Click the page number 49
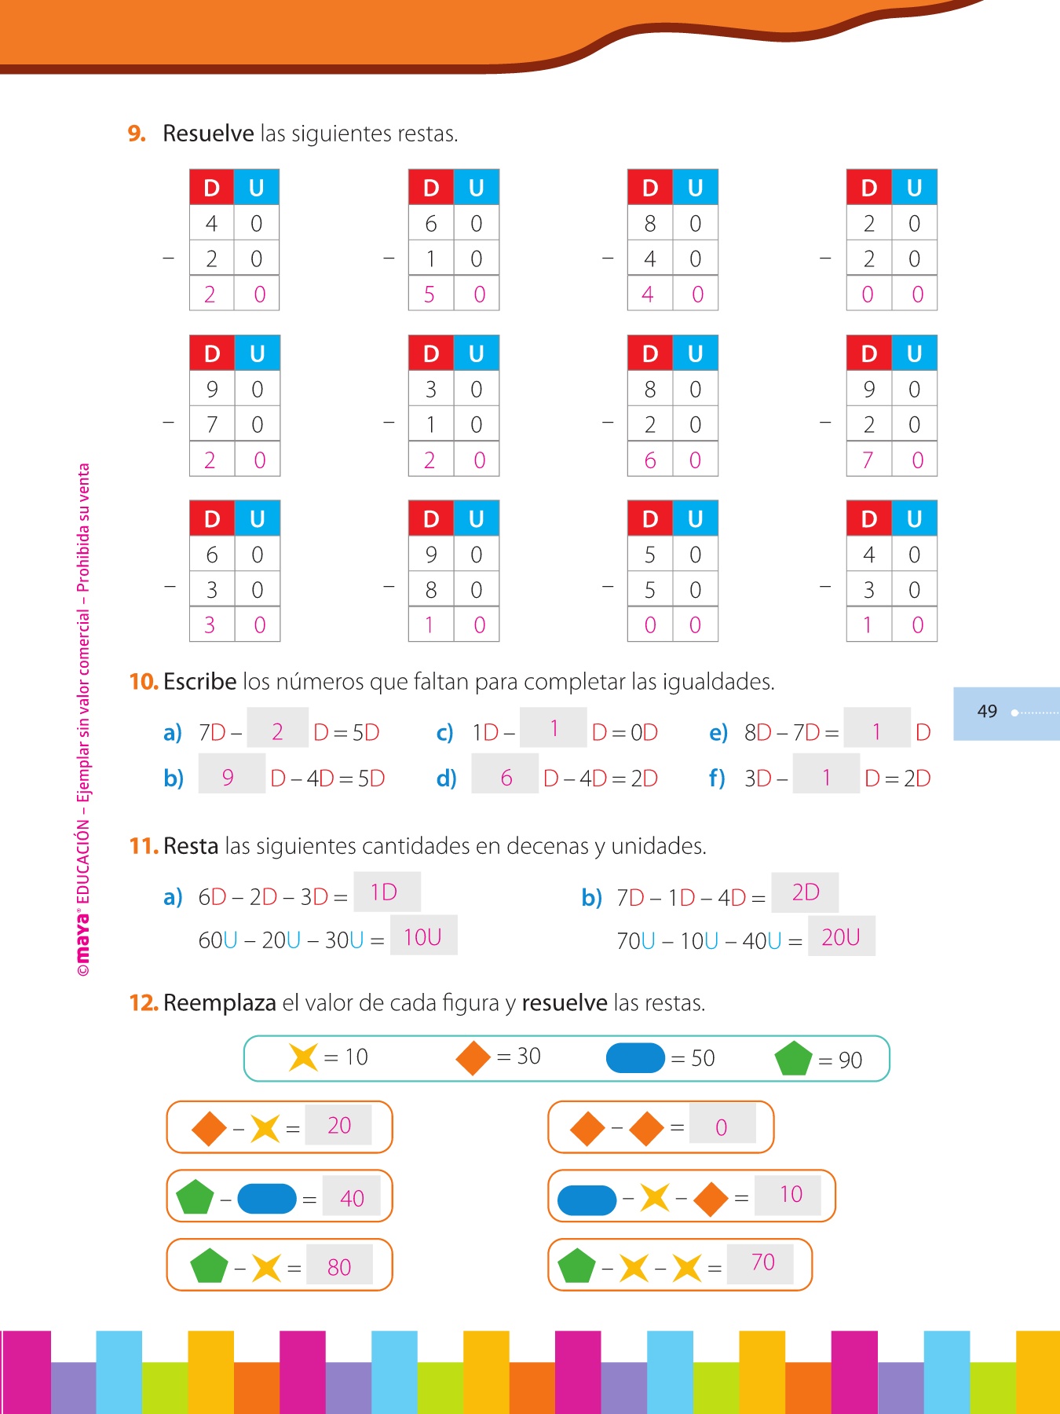987,712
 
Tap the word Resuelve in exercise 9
208,134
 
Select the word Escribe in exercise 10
200,682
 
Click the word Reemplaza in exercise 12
220,1003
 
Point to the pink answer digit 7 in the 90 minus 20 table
868,460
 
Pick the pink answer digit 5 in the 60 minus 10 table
429,295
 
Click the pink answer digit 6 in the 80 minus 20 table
649,460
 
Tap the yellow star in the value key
303,1057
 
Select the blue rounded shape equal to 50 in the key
635,1058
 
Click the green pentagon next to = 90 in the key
793,1058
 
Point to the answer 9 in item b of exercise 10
228,778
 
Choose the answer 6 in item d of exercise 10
506,778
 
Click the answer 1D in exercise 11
384,892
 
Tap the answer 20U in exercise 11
841,937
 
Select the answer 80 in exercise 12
339,1267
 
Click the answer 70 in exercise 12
762,1262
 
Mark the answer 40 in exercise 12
352,1198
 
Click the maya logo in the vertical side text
83,939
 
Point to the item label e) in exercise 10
718,733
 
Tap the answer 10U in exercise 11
422,937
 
